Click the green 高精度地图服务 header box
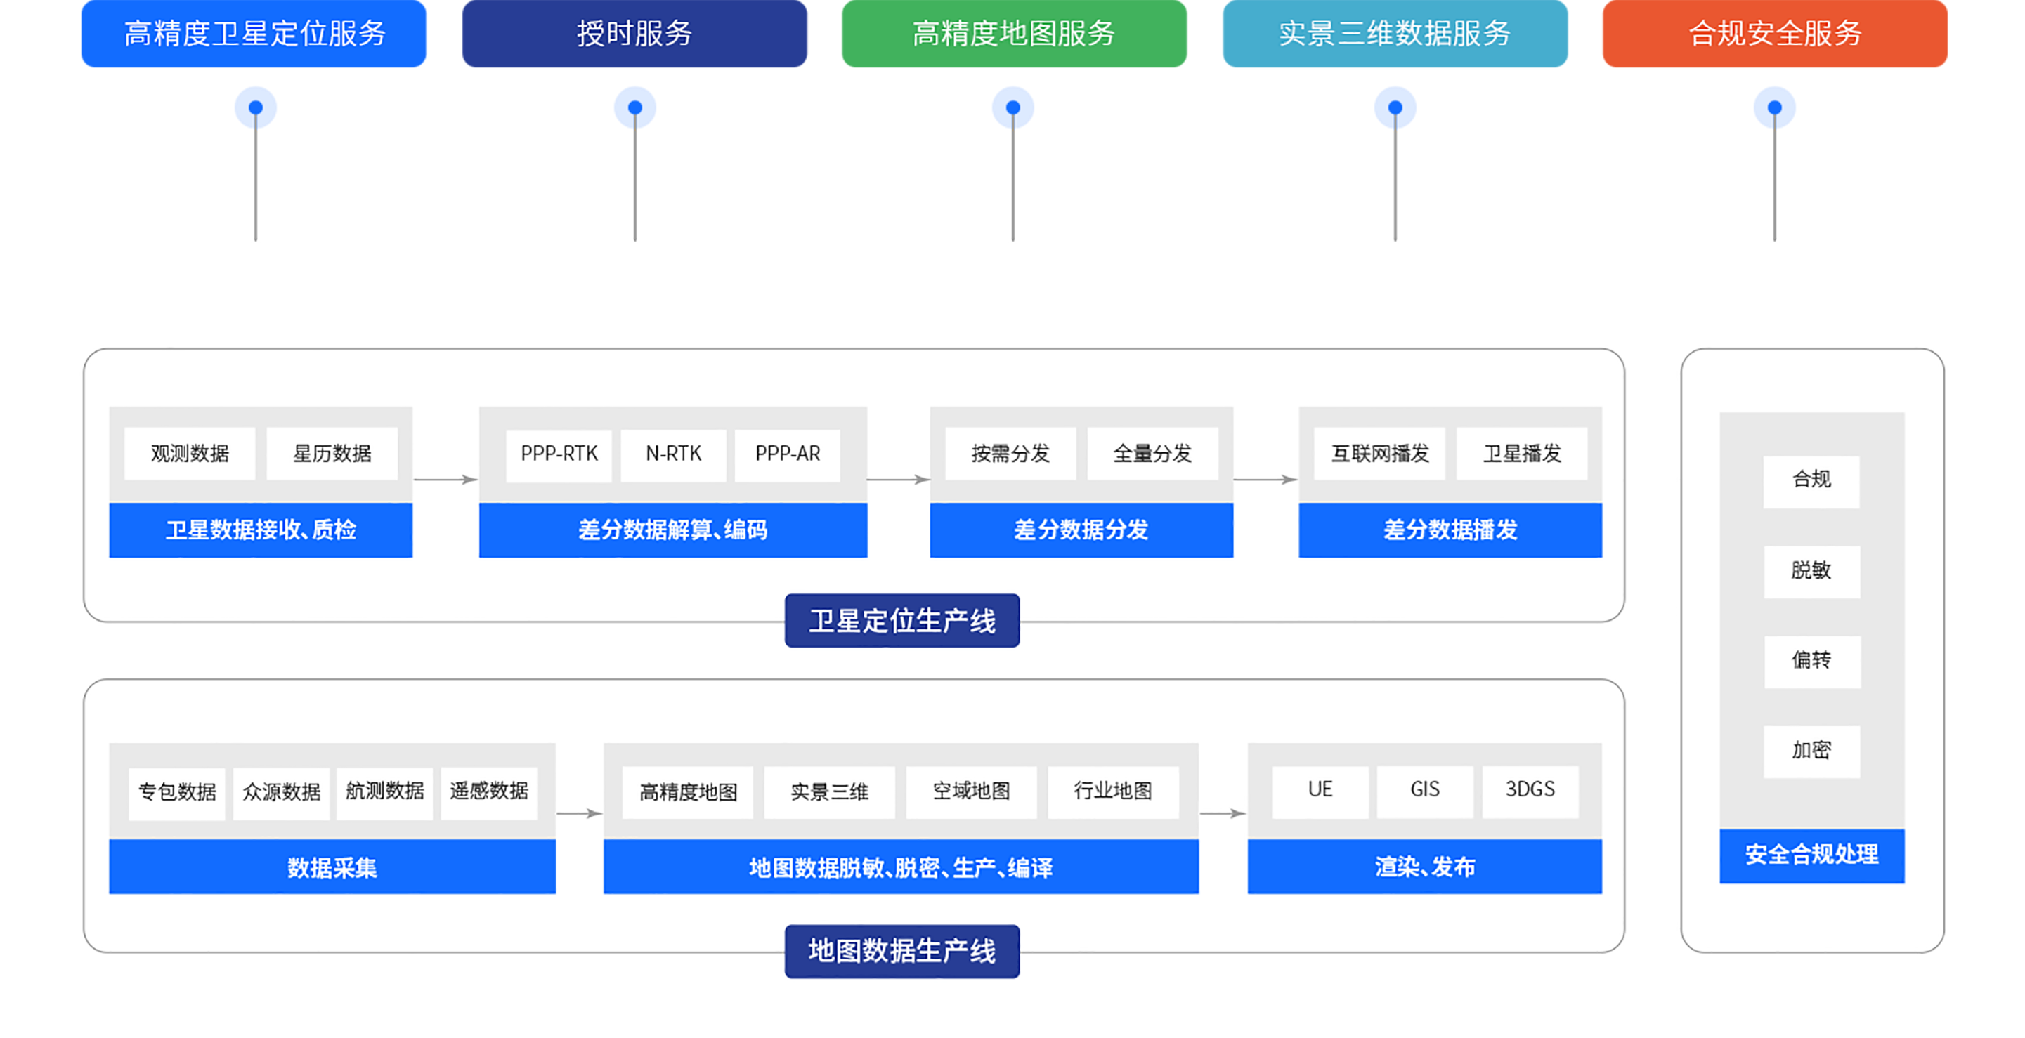1013,34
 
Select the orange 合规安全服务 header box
1774,34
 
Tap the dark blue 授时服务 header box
634,34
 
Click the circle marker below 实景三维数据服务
1395,107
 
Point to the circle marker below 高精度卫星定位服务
256,107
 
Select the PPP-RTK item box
559,454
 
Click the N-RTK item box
673,454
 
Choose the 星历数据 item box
332,454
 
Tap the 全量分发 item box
1152,454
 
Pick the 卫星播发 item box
1521,454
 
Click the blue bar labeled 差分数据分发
1081,530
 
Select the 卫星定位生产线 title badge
901,621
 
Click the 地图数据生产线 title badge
901,951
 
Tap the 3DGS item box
1530,789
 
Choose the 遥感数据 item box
488,792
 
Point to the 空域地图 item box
971,791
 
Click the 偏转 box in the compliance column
1811,661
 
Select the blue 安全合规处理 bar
1811,855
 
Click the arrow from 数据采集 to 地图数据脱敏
580,813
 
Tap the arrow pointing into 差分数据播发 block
1265,479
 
